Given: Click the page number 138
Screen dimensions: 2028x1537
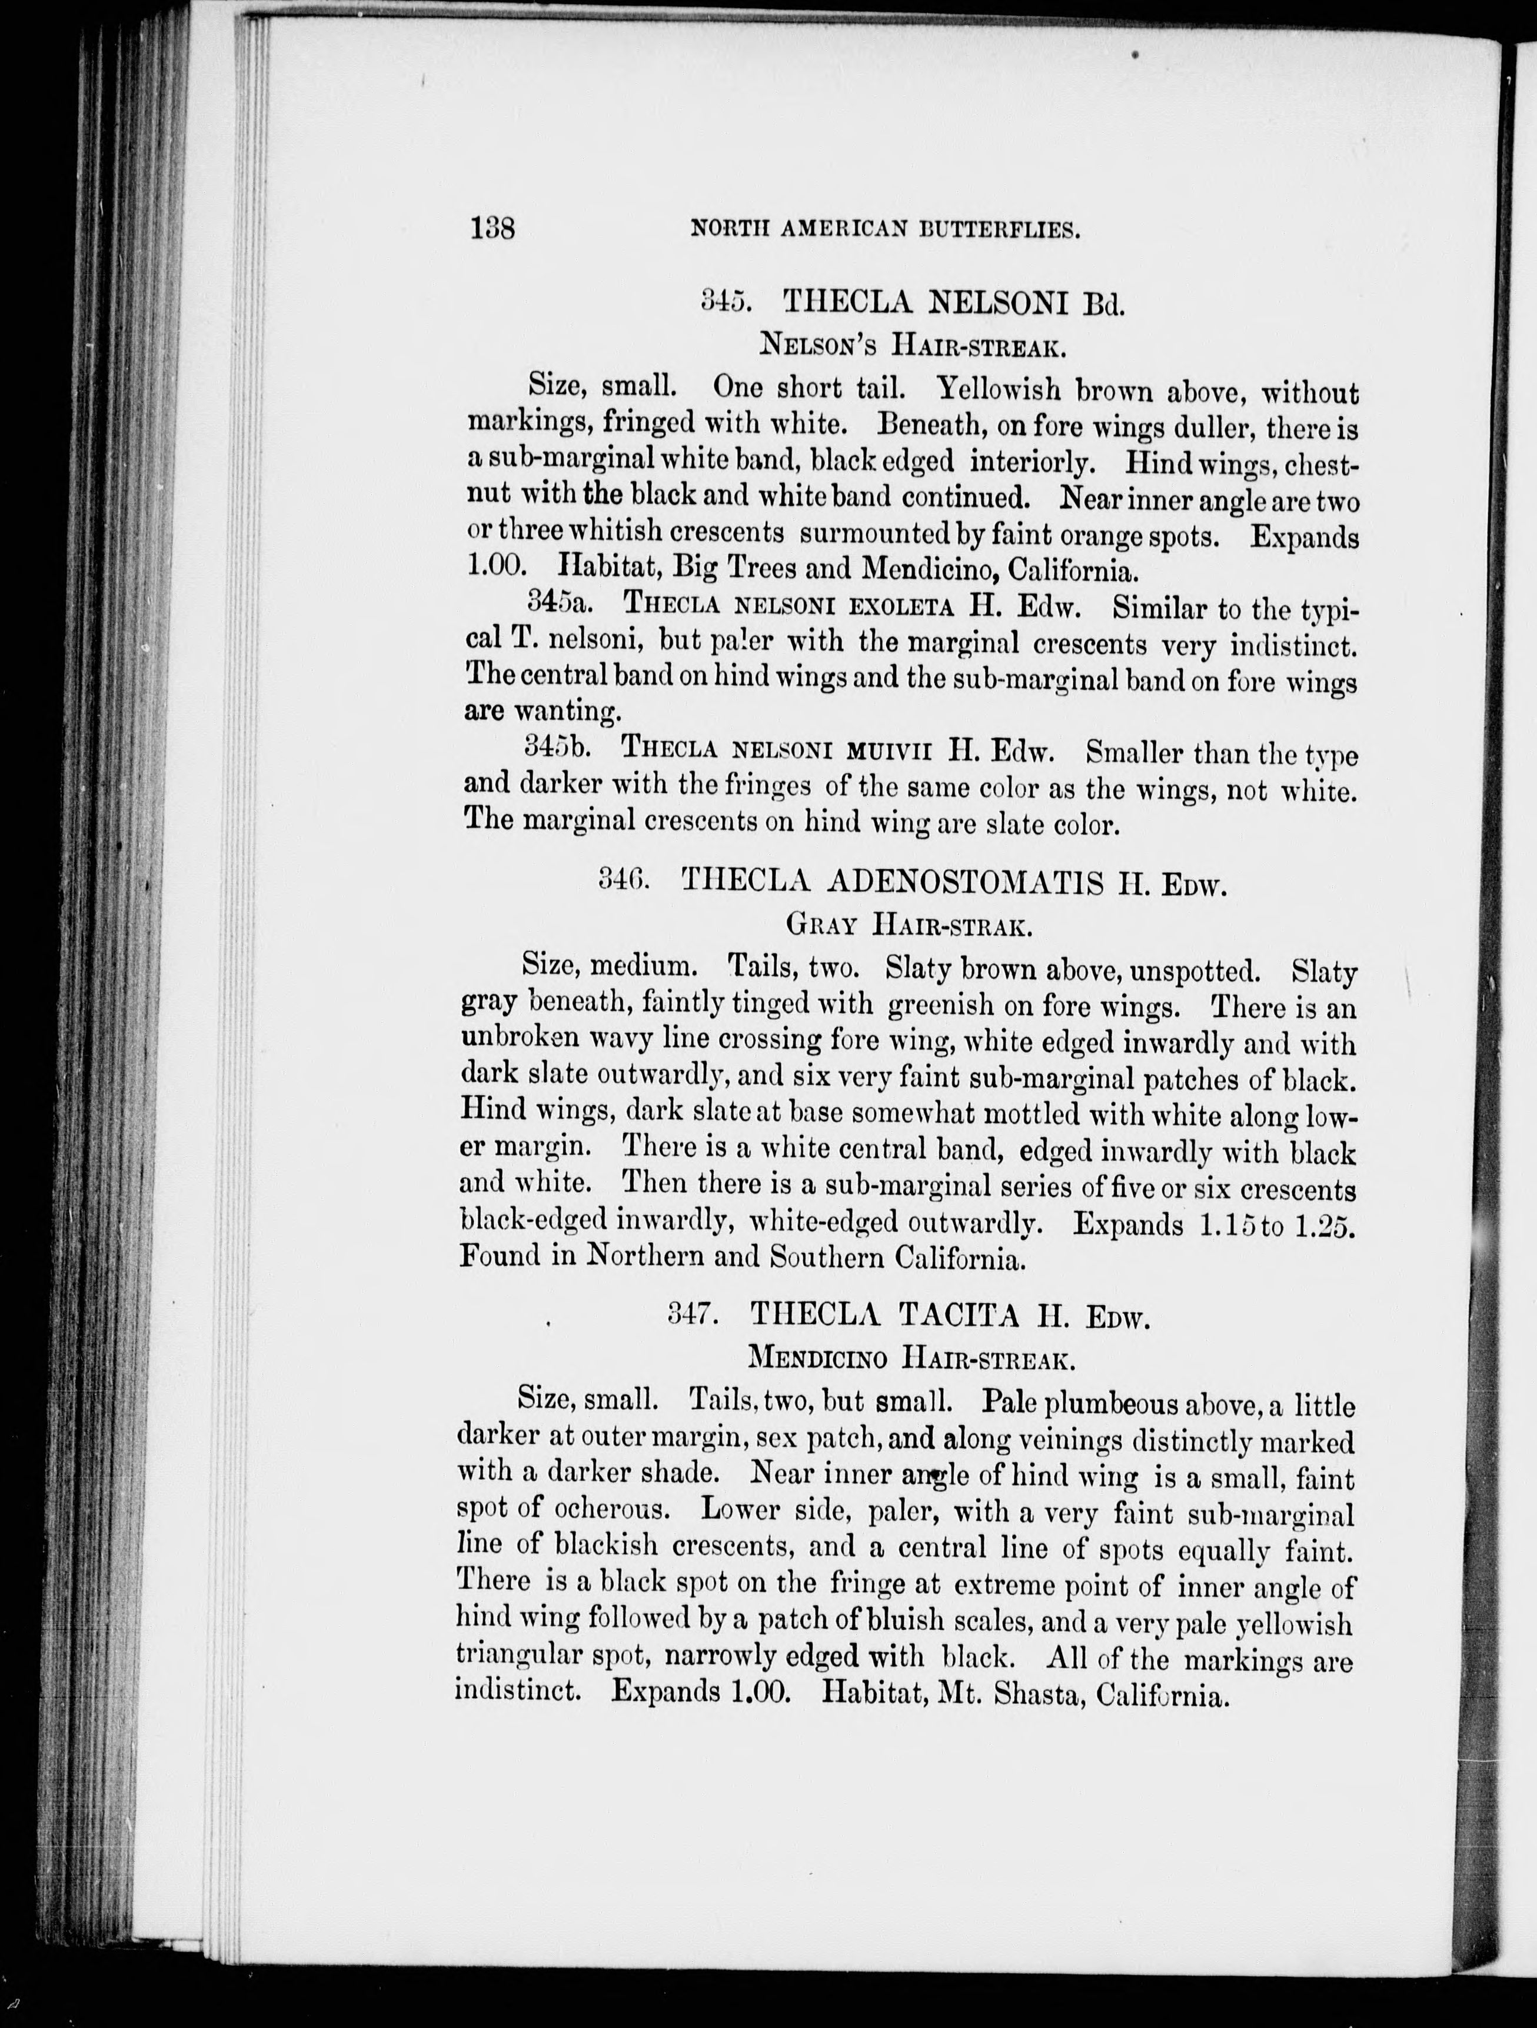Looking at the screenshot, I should pyautogui.click(x=493, y=228).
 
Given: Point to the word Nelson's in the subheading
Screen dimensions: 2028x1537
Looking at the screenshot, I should pyautogui.click(x=821, y=346).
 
